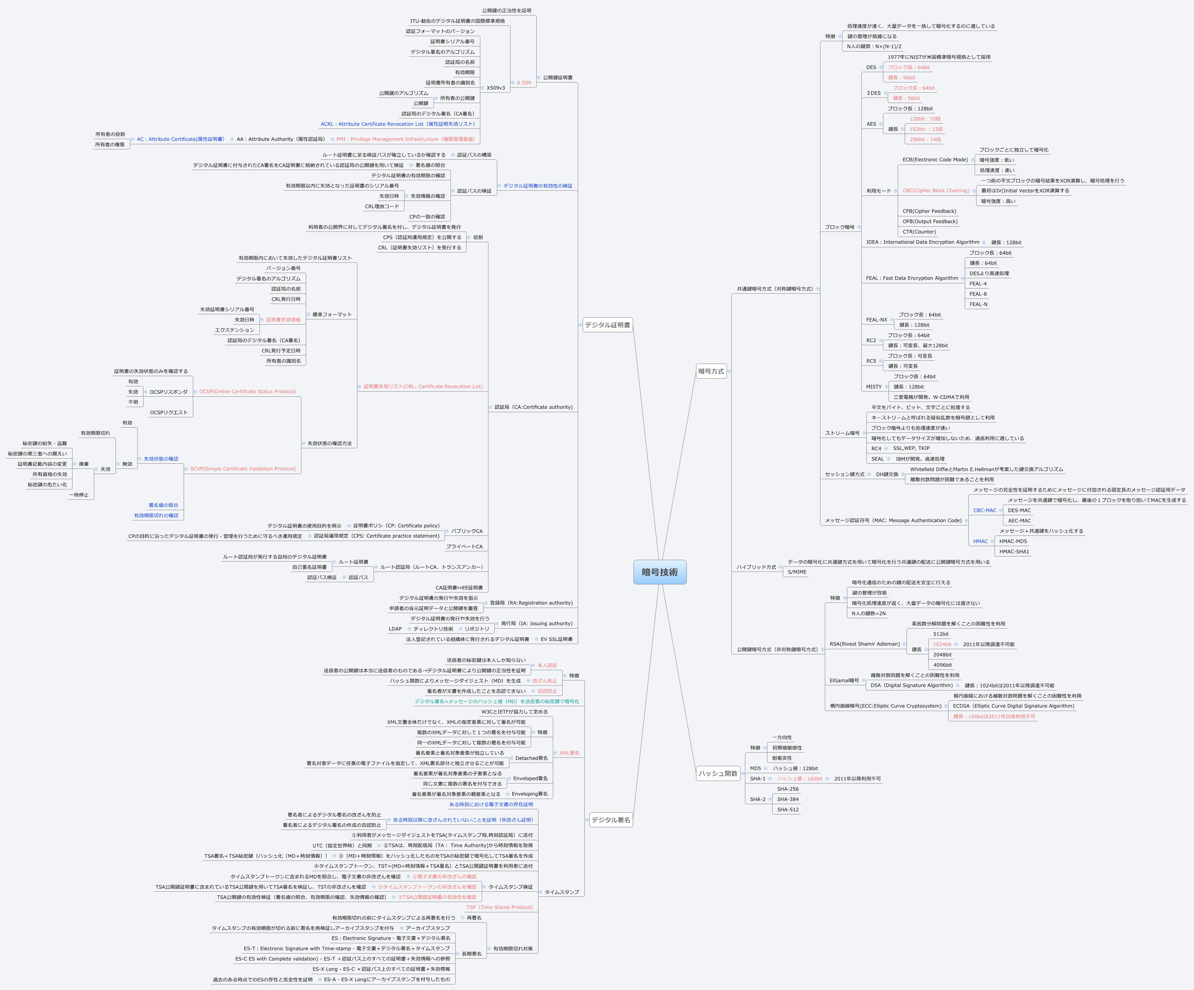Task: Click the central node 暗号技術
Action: (x=660, y=572)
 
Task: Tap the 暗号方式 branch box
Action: (x=711, y=371)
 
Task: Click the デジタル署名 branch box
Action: (x=611, y=820)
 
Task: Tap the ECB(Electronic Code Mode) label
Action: (x=935, y=160)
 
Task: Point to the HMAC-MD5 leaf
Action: (x=1013, y=541)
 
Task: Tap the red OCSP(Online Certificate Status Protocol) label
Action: (x=247, y=392)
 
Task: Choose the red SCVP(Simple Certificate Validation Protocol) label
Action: (x=243, y=469)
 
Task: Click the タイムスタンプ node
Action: (x=561, y=892)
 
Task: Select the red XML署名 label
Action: (x=569, y=753)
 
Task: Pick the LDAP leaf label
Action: (x=395, y=629)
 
